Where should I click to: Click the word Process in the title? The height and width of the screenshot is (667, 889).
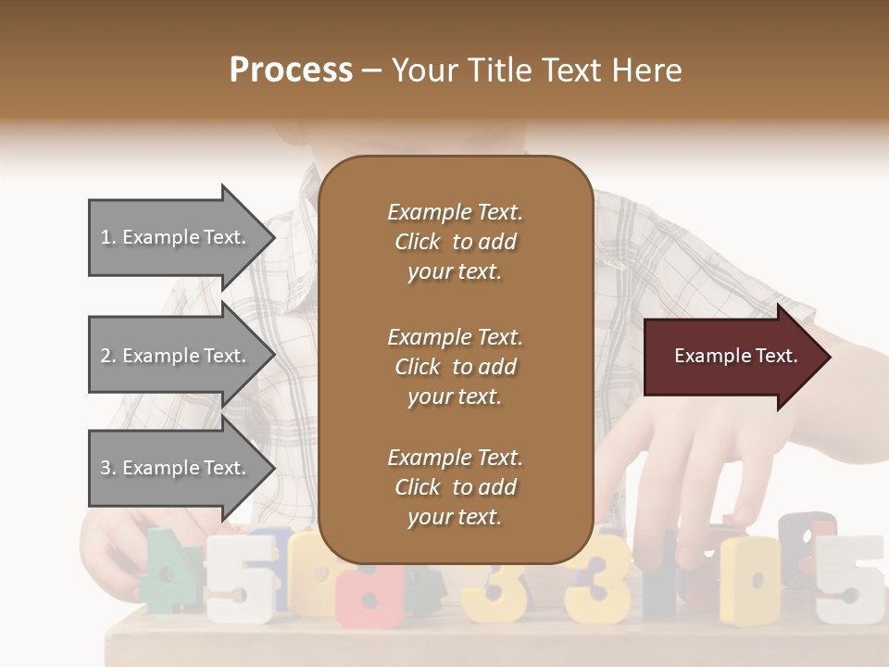[291, 69]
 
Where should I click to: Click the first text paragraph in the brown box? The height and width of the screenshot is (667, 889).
[455, 242]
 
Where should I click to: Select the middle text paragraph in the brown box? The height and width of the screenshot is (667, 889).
[455, 366]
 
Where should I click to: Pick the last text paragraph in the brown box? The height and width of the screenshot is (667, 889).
[455, 487]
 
